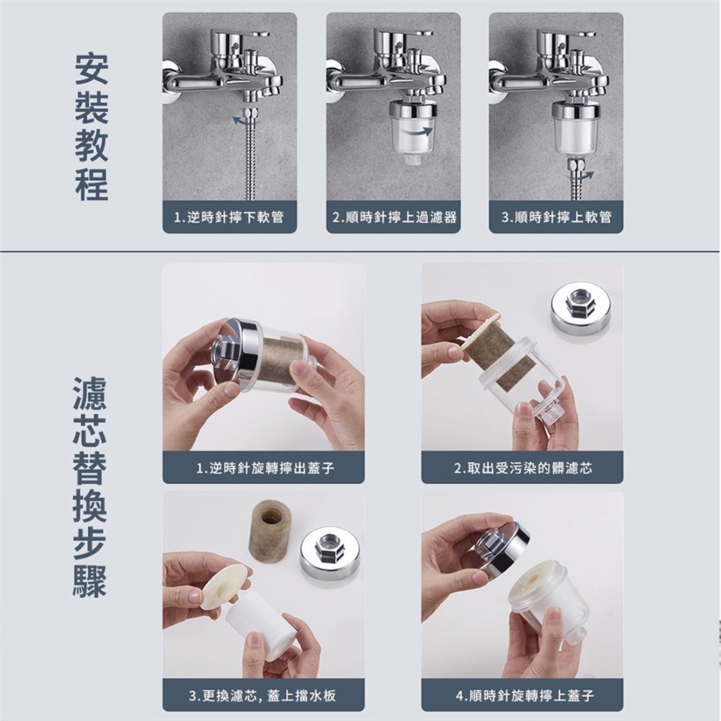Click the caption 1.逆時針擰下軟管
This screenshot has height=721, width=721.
pyautogui.click(x=229, y=217)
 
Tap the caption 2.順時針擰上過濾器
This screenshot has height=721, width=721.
pyautogui.click(x=394, y=217)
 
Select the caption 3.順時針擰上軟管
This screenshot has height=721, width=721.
pyautogui.click(x=557, y=217)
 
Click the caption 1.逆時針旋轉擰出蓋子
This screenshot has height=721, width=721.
pyautogui.click(x=265, y=468)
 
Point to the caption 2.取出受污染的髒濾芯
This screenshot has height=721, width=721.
pyautogui.click(x=523, y=468)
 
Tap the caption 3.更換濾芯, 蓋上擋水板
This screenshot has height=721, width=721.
pyautogui.click(x=263, y=695)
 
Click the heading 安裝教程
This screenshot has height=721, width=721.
pyautogui.click(x=92, y=128)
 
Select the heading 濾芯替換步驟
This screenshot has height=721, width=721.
pyautogui.click(x=89, y=487)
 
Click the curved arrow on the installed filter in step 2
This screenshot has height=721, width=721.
pyautogui.click(x=416, y=132)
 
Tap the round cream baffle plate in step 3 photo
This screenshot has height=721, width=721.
pyautogui.click(x=225, y=587)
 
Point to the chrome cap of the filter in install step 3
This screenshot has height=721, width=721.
pyautogui.click(x=575, y=108)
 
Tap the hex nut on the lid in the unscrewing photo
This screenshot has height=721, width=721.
pyautogui.click(x=226, y=351)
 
